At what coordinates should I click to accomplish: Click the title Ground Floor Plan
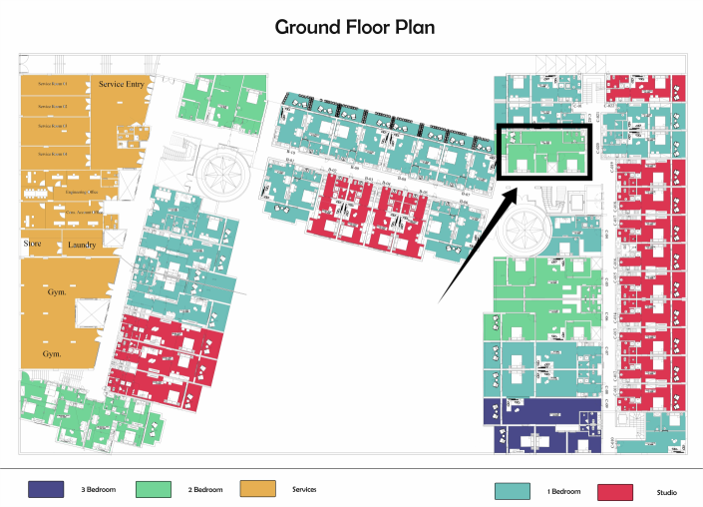[355, 27]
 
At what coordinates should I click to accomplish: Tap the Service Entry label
[122, 85]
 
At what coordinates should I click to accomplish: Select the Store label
[33, 244]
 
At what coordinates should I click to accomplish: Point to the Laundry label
[82, 245]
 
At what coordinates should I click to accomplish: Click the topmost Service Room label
[52, 84]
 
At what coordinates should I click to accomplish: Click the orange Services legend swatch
[256, 489]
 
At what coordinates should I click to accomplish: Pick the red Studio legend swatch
[615, 491]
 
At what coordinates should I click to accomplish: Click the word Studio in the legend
[666, 492]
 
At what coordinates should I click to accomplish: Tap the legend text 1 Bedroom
[563, 492]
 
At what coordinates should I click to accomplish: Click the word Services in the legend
[304, 489]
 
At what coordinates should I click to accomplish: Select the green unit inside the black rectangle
[544, 152]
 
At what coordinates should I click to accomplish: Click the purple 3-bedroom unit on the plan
[538, 411]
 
